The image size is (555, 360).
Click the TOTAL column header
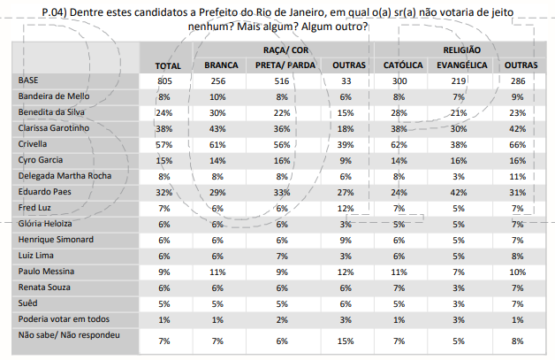pyautogui.click(x=168, y=66)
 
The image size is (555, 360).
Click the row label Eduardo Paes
pyautogui.click(x=46, y=191)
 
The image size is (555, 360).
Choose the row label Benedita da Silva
pyautogui.click(x=52, y=112)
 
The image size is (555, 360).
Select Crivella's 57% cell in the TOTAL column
pyautogui.click(x=163, y=144)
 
